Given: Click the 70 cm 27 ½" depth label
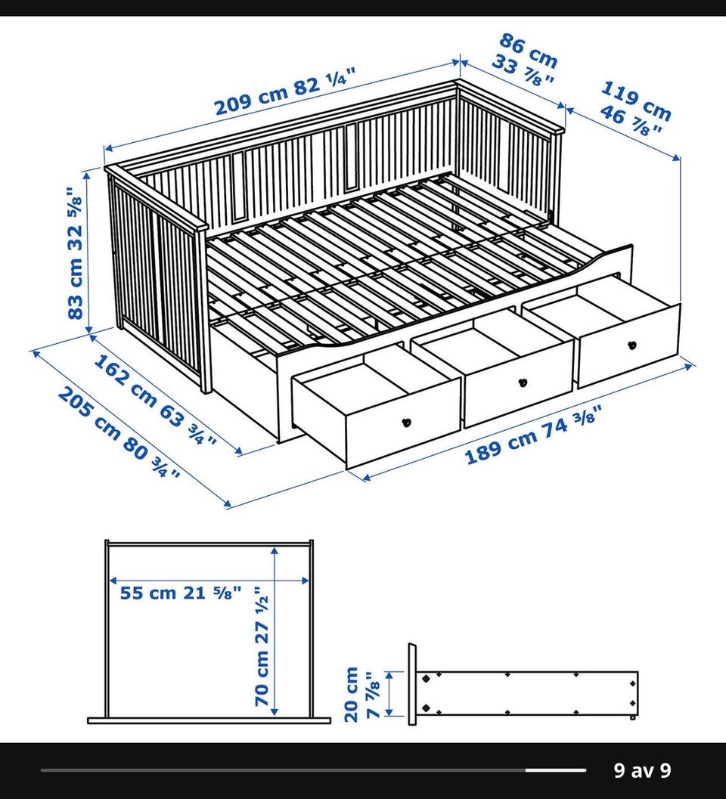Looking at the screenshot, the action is pyautogui.click(x=261, y=646).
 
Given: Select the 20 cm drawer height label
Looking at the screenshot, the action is pyautogui.click(x=352, y=695).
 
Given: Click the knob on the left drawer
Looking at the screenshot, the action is pyautogui.click(x=406, y=422).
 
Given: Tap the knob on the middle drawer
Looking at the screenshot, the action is pyautogui.click(x=522, y=382).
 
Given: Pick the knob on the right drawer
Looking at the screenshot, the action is pyautogui.click(x=632, y=345).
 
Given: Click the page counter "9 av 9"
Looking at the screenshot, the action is pyautogui.click(x=642, y=770).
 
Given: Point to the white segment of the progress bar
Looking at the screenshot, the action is pyautogui.click(x=556, y=770).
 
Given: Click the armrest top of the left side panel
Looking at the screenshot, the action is pyautogui.click(x=156, y=198).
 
